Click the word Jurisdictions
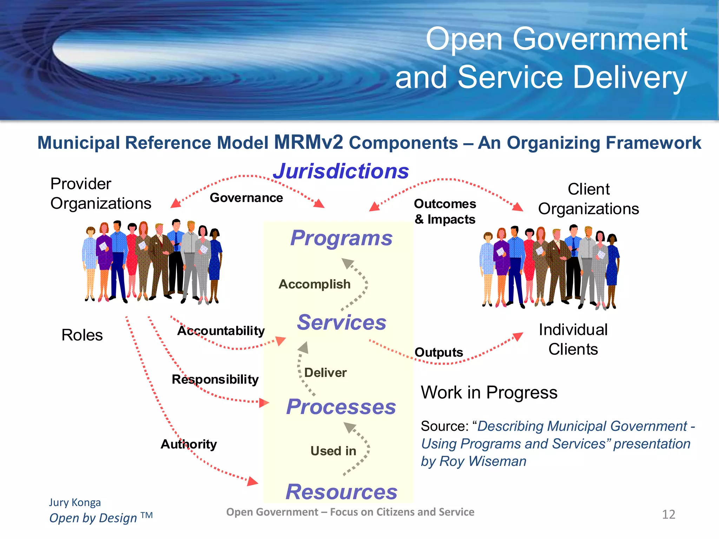click(x=341, y=171)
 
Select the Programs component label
click(x=341, y=238)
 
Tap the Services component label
click(x=341, y=322)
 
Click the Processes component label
click(x=341, y=407)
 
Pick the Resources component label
click(x=341, y=492)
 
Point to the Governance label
click(x=246, y=198)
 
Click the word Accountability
click(x=221, y=331)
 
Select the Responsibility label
click(x=215, y=379)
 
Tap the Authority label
click(x=189, y=444)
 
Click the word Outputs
click(x=439, y=352)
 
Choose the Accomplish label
click(x=315, y=284)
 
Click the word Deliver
click(x=325, y=373)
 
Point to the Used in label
click(x=333, y=451)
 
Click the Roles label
click(x=82, y=335)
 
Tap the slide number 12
click(x=668, y=514)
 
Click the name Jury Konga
click(x=75, y=503)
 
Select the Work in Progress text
click(x=489, y=392)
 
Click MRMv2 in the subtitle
click(x=309, y=142)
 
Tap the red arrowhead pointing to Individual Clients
click(x=518, y=337)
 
